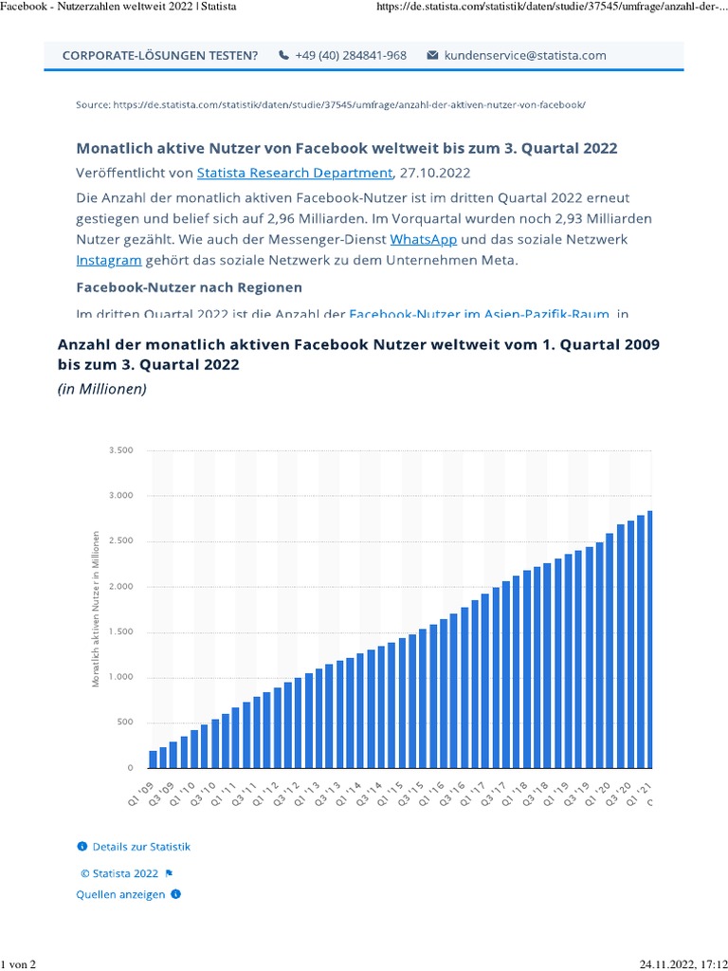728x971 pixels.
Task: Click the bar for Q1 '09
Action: tap(153, 759)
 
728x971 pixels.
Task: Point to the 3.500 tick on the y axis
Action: tap(122, 450)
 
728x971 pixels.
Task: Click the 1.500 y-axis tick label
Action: tap(122, 632)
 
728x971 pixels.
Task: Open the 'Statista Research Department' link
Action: tap(294, 173)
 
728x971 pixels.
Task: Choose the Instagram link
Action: tap(109, 260)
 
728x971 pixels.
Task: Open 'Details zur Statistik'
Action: tap(141, 846)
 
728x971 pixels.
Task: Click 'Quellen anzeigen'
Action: tap(120, 893)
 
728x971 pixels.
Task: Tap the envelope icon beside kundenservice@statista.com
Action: tap(433, 55)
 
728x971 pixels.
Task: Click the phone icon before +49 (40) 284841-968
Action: tap(283, 55)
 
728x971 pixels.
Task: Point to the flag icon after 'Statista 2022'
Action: tap(169, 872)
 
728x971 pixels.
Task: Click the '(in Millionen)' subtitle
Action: tap(102, 390)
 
